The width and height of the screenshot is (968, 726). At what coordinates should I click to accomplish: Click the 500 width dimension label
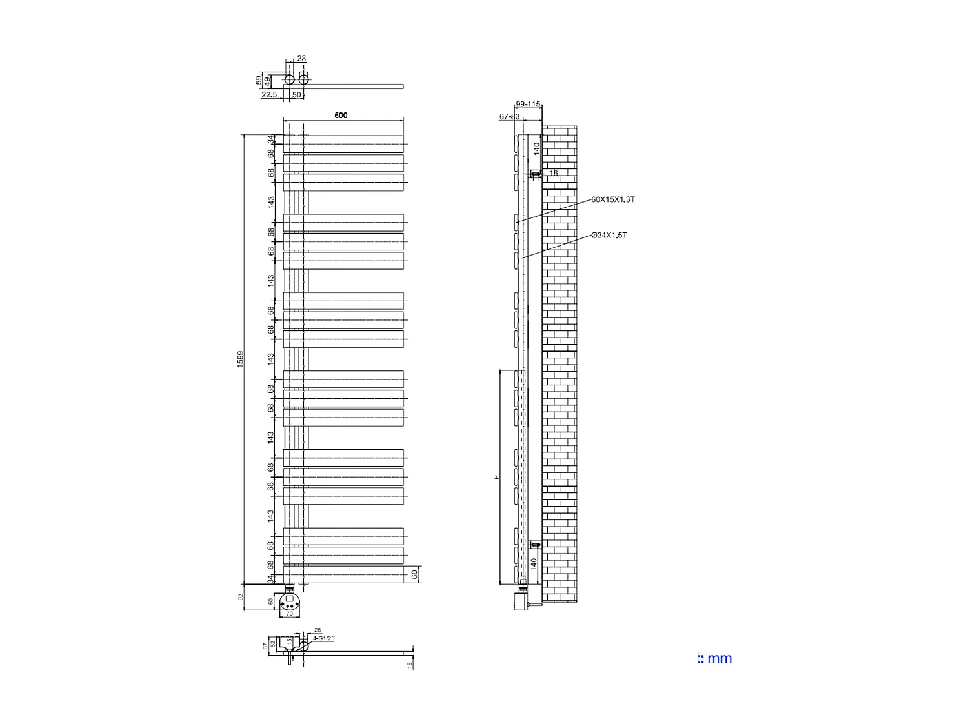(x=341, y=116)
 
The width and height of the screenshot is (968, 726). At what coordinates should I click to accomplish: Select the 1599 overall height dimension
(x=240, y=359)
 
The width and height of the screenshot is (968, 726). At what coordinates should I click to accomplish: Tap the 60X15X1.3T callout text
(x=612, y=199)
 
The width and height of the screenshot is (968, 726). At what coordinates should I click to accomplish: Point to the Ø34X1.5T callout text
(x=609, y=235)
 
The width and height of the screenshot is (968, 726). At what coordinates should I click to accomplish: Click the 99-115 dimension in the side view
(x=528, y=104)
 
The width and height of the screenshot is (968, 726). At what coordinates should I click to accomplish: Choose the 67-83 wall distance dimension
(x=509, y=117)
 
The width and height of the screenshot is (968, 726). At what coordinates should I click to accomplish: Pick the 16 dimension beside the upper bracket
(x=553, y=173)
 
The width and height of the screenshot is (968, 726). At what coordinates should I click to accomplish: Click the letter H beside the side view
(x=497, y=477)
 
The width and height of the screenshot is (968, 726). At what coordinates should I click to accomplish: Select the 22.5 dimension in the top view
(x=268, y=95)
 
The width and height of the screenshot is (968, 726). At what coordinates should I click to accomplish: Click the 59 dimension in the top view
(x=259, y=81)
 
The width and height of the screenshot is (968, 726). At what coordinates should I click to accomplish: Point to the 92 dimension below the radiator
(x=240, y=597)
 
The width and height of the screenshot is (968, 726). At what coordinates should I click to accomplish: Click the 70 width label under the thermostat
(x=289, y=614)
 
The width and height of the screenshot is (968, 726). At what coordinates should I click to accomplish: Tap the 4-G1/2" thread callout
(x=323, y=638)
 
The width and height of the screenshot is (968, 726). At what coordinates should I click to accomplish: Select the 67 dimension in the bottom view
(x=265, y=646)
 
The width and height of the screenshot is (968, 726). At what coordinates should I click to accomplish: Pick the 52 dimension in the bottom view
(x=273, y=644)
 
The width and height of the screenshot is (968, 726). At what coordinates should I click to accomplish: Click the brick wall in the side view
(x=559, y=361)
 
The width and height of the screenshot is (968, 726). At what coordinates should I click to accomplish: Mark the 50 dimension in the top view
(x=297, y=95)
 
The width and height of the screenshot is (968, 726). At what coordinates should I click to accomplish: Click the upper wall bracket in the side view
(x=535, y=174)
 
